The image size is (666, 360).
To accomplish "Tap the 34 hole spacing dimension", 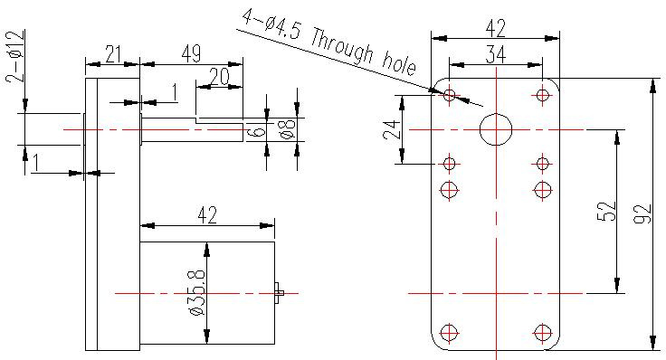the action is [496, 55].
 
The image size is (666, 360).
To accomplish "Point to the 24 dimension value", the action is [392, 130].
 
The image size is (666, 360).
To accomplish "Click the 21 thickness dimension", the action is [112, 54].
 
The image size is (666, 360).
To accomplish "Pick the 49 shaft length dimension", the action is [191, 54].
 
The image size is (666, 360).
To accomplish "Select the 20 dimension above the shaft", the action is [220, 78].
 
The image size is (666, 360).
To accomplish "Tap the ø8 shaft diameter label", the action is [289, 129].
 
